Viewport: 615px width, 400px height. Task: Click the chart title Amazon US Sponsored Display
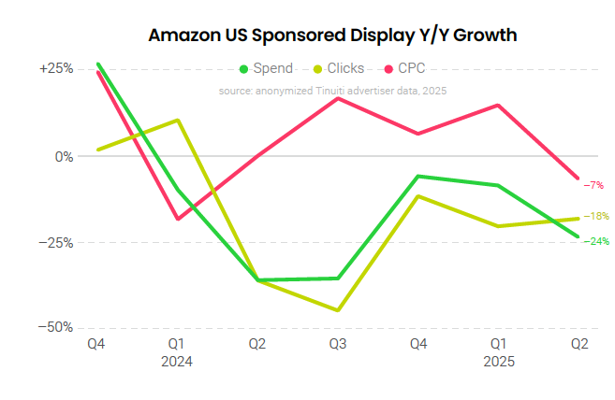[x=333, y=36]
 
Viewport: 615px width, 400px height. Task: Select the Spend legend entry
[x=266, y=68]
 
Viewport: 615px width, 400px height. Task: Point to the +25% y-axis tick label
[x=56, y=69]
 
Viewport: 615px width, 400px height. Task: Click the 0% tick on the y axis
[x=64, y=156]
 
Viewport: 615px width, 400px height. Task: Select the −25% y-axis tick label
[x=55, y=242]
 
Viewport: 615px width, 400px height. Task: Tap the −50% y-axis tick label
[x=55, y=327]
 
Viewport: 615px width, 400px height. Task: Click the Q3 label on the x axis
[x=338, y=344]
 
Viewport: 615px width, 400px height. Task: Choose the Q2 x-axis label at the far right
[x=579, y=344]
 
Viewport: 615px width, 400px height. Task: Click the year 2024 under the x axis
[x=177, y=361]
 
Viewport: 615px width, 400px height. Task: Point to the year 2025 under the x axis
[x=499, y=361]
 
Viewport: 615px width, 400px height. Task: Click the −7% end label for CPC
[x=593, y=185]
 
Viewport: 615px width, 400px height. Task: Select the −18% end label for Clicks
[x=596, y=216]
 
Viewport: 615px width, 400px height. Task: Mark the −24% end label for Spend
[x=596, y=241]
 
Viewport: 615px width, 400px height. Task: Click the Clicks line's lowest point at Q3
[x=338, y=310]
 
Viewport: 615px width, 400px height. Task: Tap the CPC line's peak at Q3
[x=338, y=98]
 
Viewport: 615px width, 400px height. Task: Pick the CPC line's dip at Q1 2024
[x=177, y=219]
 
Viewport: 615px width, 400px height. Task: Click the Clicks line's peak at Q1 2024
[x=177, y=121]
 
